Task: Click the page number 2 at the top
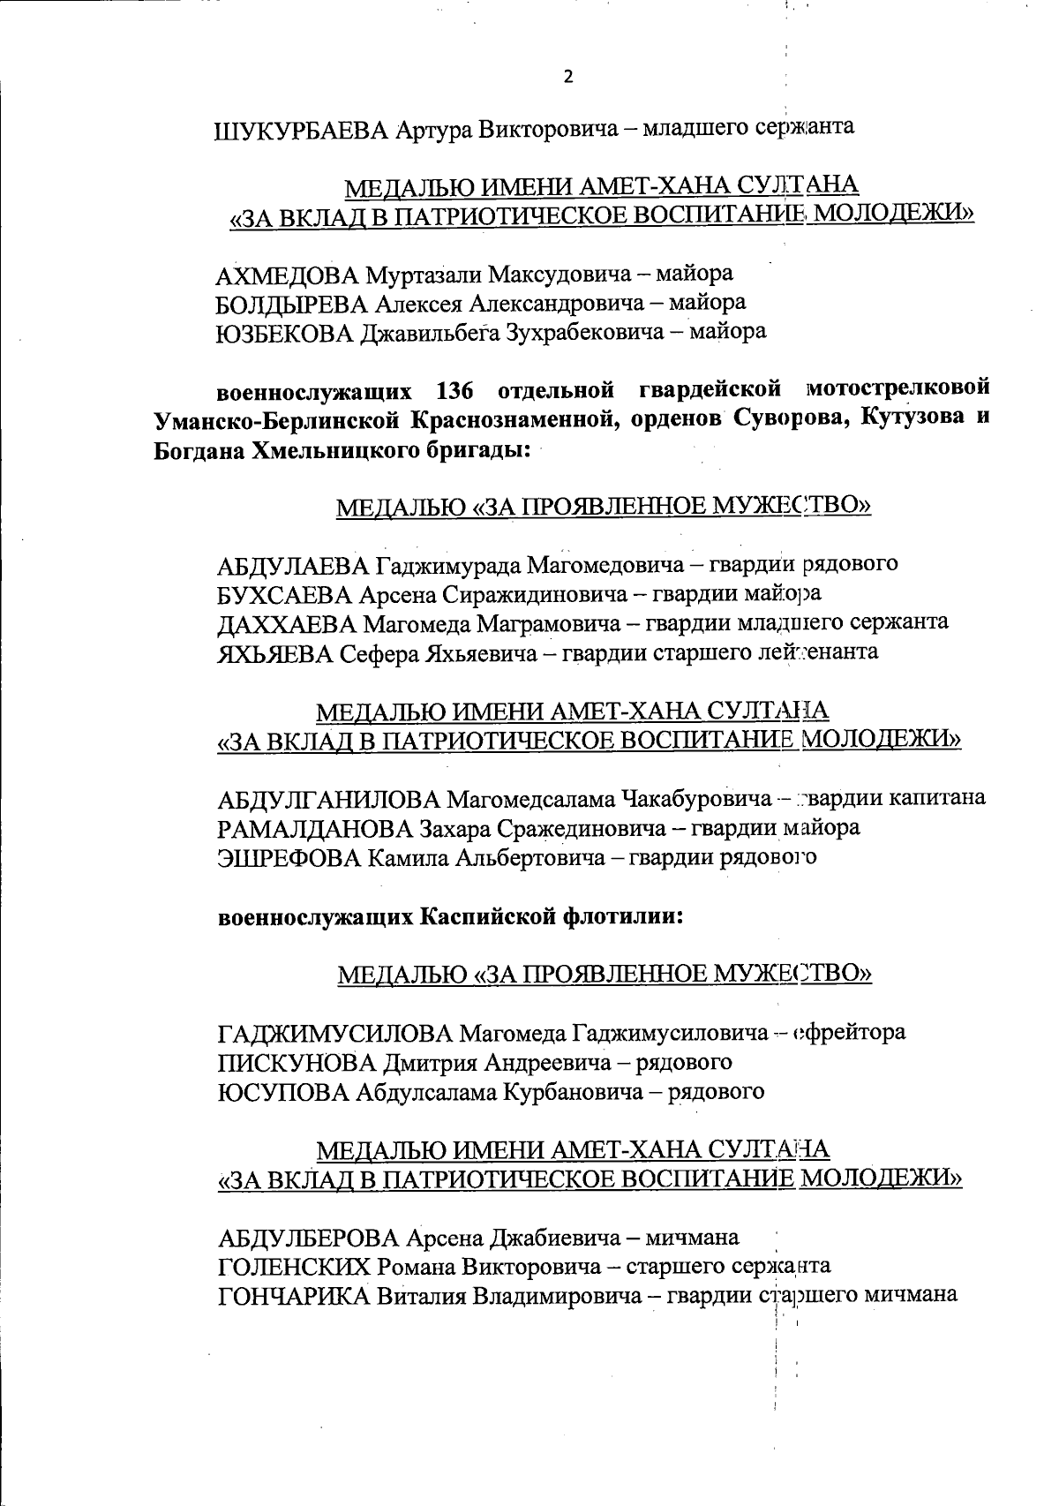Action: pyautogui.click(x=567, y=77)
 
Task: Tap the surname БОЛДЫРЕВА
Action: pyautogui.click(x=292, y=303)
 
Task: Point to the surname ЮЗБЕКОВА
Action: pyautogui.click(x=286, y=333)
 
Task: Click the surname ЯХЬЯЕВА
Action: pyautogui.click(x=274, y=653)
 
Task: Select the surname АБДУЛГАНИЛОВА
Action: pyautogui.click(x=328, y=800)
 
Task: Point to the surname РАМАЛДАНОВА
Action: pyautogui.click(x=314, y=829)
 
